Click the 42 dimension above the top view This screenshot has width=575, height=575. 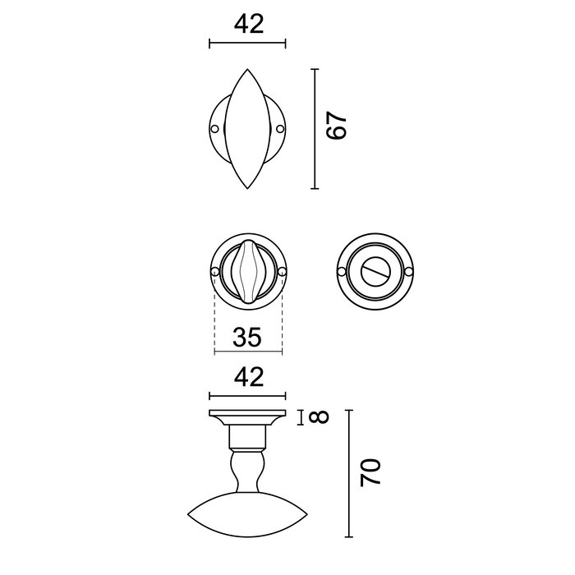247,24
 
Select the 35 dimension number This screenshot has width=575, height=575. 247,337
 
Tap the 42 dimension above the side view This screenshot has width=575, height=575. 247,378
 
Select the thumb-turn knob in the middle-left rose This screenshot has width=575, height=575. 247,272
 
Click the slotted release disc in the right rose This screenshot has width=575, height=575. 377,272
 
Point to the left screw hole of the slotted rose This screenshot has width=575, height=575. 343,272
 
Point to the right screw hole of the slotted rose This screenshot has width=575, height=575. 412,272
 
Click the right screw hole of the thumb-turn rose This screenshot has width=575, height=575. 282,272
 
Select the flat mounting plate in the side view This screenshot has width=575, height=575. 247,414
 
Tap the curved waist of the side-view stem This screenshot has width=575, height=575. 247,471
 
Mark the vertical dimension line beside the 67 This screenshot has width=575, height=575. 315,129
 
